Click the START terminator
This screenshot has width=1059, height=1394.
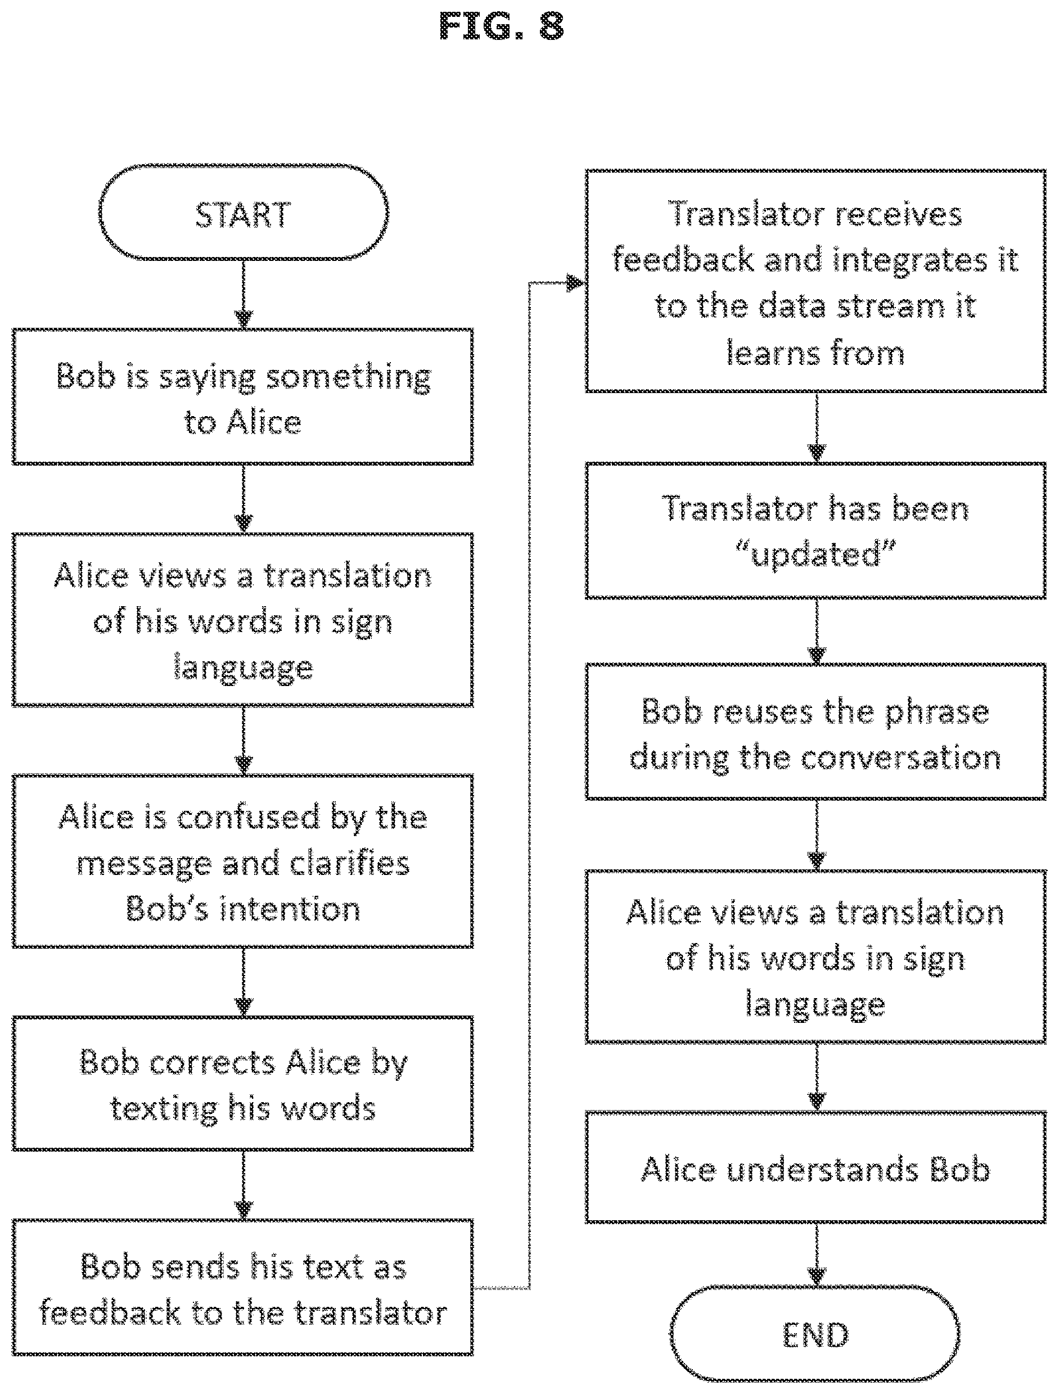[x=244, y=213]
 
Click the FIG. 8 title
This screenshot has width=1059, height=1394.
[x=502, y=26]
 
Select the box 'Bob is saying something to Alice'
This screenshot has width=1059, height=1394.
[x=244, y=397]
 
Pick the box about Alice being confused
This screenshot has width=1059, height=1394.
[x=244, y=861]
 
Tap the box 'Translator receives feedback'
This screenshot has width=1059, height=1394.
[x=815, y=281]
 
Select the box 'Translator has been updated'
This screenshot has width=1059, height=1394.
[x=815, y=531]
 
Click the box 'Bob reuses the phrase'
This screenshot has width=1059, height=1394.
[x=815, y=732]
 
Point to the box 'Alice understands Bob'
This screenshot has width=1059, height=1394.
[x=815, y=1169]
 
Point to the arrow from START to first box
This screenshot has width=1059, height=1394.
[x=244, y=294]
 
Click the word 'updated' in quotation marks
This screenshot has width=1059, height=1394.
[x=815, y=554]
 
